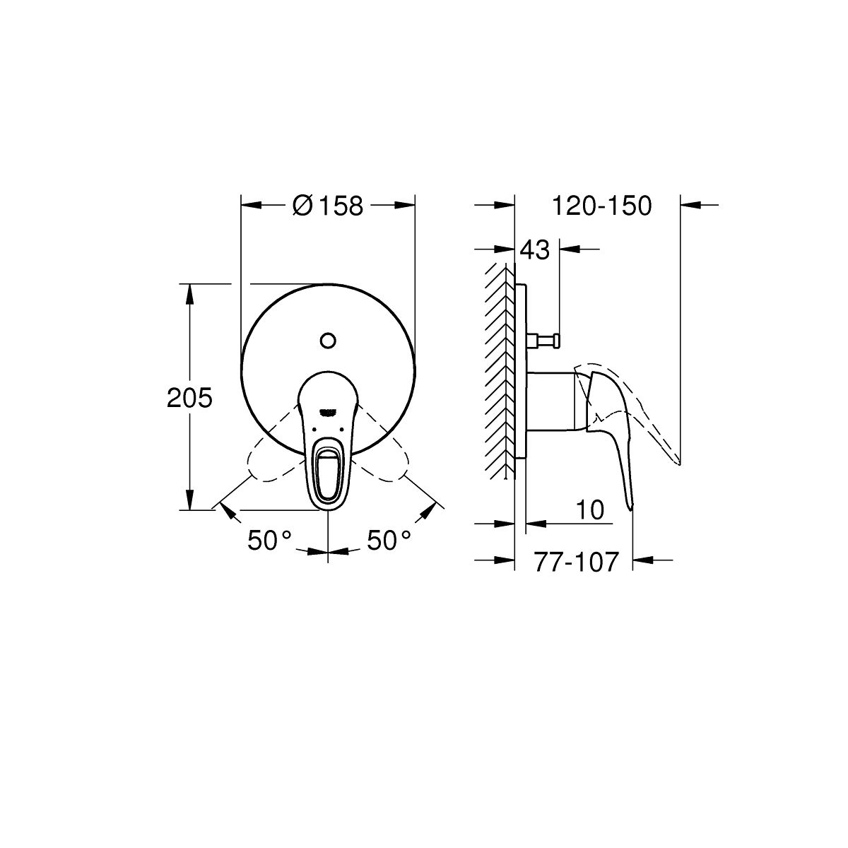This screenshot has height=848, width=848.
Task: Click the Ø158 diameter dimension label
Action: (328, 206)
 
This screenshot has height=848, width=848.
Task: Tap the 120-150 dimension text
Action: (601, 206)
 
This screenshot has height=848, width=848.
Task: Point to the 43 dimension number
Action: (535, 250)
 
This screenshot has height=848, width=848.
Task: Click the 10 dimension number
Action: (589, 510)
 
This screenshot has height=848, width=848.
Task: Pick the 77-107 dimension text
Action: (577, 562)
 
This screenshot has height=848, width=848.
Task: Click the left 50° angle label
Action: (269, 540)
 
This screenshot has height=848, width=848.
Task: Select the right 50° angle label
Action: (389, 540)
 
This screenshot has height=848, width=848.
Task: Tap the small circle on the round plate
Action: (329, 340)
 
